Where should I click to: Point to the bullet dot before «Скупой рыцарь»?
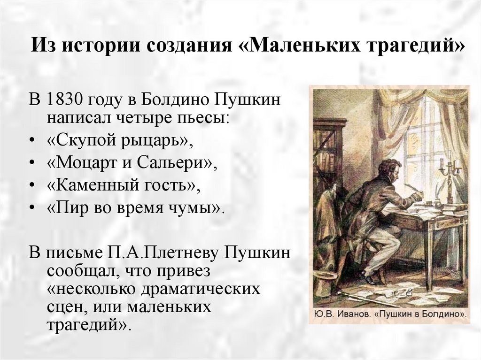31,141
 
